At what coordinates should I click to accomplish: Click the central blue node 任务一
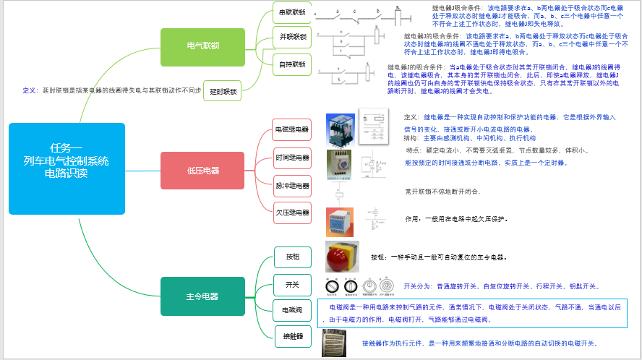tap(67, 168)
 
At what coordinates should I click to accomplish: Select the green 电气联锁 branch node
tap(202, 46)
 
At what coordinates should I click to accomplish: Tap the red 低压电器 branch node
tap(202, 171)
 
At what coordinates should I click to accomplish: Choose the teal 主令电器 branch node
tap(202, 296)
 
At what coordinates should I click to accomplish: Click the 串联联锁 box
tap(292, 12)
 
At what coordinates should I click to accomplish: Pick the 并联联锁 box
tap(292, 36)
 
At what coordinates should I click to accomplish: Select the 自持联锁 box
tap(292, 64)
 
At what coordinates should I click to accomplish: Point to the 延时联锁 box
tap(223, 91)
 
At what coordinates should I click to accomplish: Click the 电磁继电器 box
tap(292, 129)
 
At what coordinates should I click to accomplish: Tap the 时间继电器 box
tap(292, 158)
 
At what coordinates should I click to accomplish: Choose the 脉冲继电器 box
tap(292, 186)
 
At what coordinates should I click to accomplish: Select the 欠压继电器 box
tap(292, 213)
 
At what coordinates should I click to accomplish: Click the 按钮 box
tap(293, 257)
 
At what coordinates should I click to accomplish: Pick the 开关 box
tap(293, 284)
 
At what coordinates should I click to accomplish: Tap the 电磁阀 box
tap(293, 310)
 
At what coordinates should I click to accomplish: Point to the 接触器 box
tap(293, 336)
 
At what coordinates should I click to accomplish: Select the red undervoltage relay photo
tap(340, 220)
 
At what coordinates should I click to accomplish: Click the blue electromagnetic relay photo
tap(339, 129)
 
